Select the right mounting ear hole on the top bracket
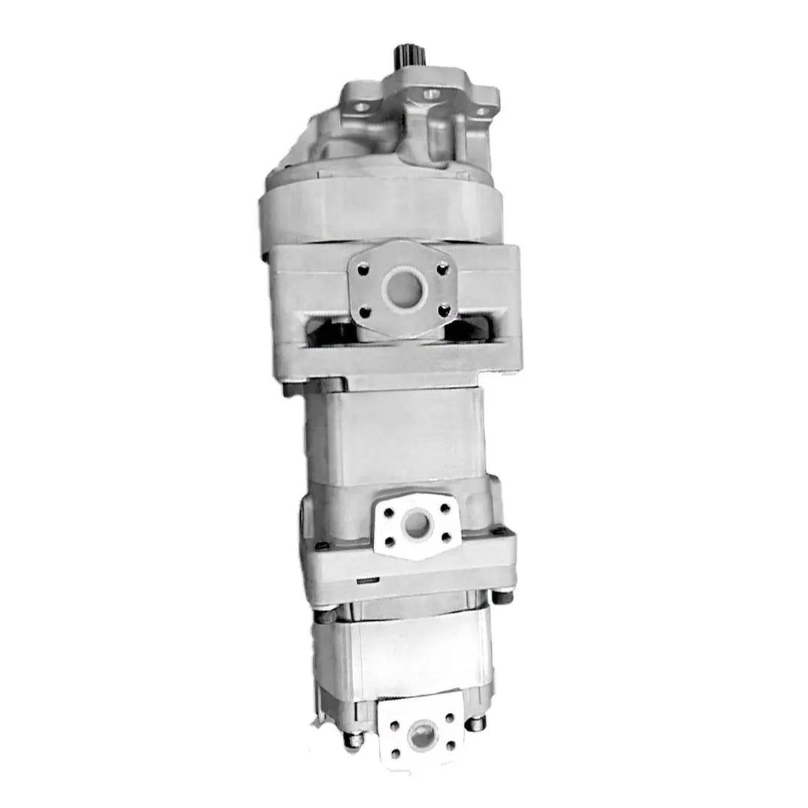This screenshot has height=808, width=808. pyautogui.click(x=481, y=111)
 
